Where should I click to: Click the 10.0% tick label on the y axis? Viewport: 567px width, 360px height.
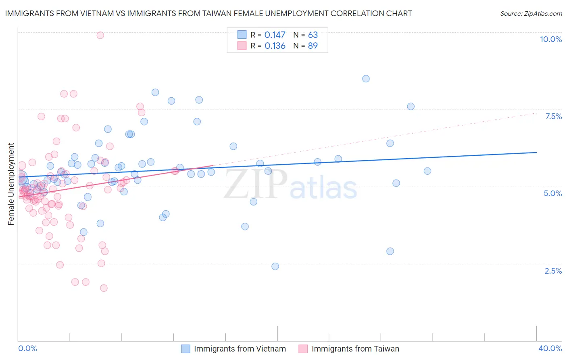[x=550, y=39]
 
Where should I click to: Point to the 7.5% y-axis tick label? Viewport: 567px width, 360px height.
[x=553, y=116]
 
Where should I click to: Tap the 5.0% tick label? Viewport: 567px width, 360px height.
[x=552, y=193]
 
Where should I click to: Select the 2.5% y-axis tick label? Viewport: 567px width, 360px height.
[x=553, y=271]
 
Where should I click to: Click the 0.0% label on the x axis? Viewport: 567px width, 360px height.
[x=27, y=348]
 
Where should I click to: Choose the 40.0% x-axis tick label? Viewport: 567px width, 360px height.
[x=550, y=348]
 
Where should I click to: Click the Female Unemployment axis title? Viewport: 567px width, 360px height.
[x=11, y=184]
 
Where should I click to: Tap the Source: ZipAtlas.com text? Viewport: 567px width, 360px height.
[x=531, y=13]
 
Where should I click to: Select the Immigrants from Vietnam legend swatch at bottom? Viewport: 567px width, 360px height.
[x=186, y=349]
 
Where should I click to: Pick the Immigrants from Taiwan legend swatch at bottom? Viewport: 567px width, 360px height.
[x=303, y=349]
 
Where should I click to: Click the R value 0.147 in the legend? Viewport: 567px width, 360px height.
[x=275, y=35]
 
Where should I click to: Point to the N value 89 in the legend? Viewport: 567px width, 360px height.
[x=313, y=46]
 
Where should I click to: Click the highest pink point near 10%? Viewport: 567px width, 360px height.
[x=100, y=35]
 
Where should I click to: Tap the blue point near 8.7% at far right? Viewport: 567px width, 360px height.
[x=366, y=79]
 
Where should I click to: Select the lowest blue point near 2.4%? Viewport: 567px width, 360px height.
[x=275, y=266]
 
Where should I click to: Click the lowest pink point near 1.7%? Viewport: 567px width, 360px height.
[x=104, y=288]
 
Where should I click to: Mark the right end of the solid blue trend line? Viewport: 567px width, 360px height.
[x=536, y=152]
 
